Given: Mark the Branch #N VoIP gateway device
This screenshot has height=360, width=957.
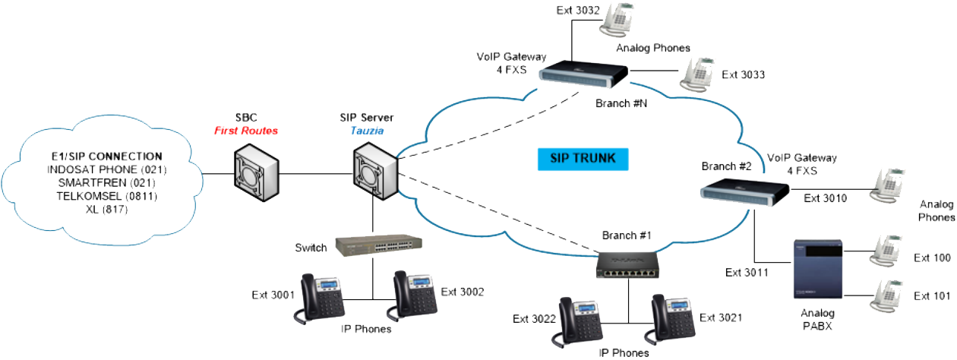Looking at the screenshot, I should click(583, 74).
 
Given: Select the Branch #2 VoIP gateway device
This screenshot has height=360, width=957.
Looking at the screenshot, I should click(744, 191).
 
